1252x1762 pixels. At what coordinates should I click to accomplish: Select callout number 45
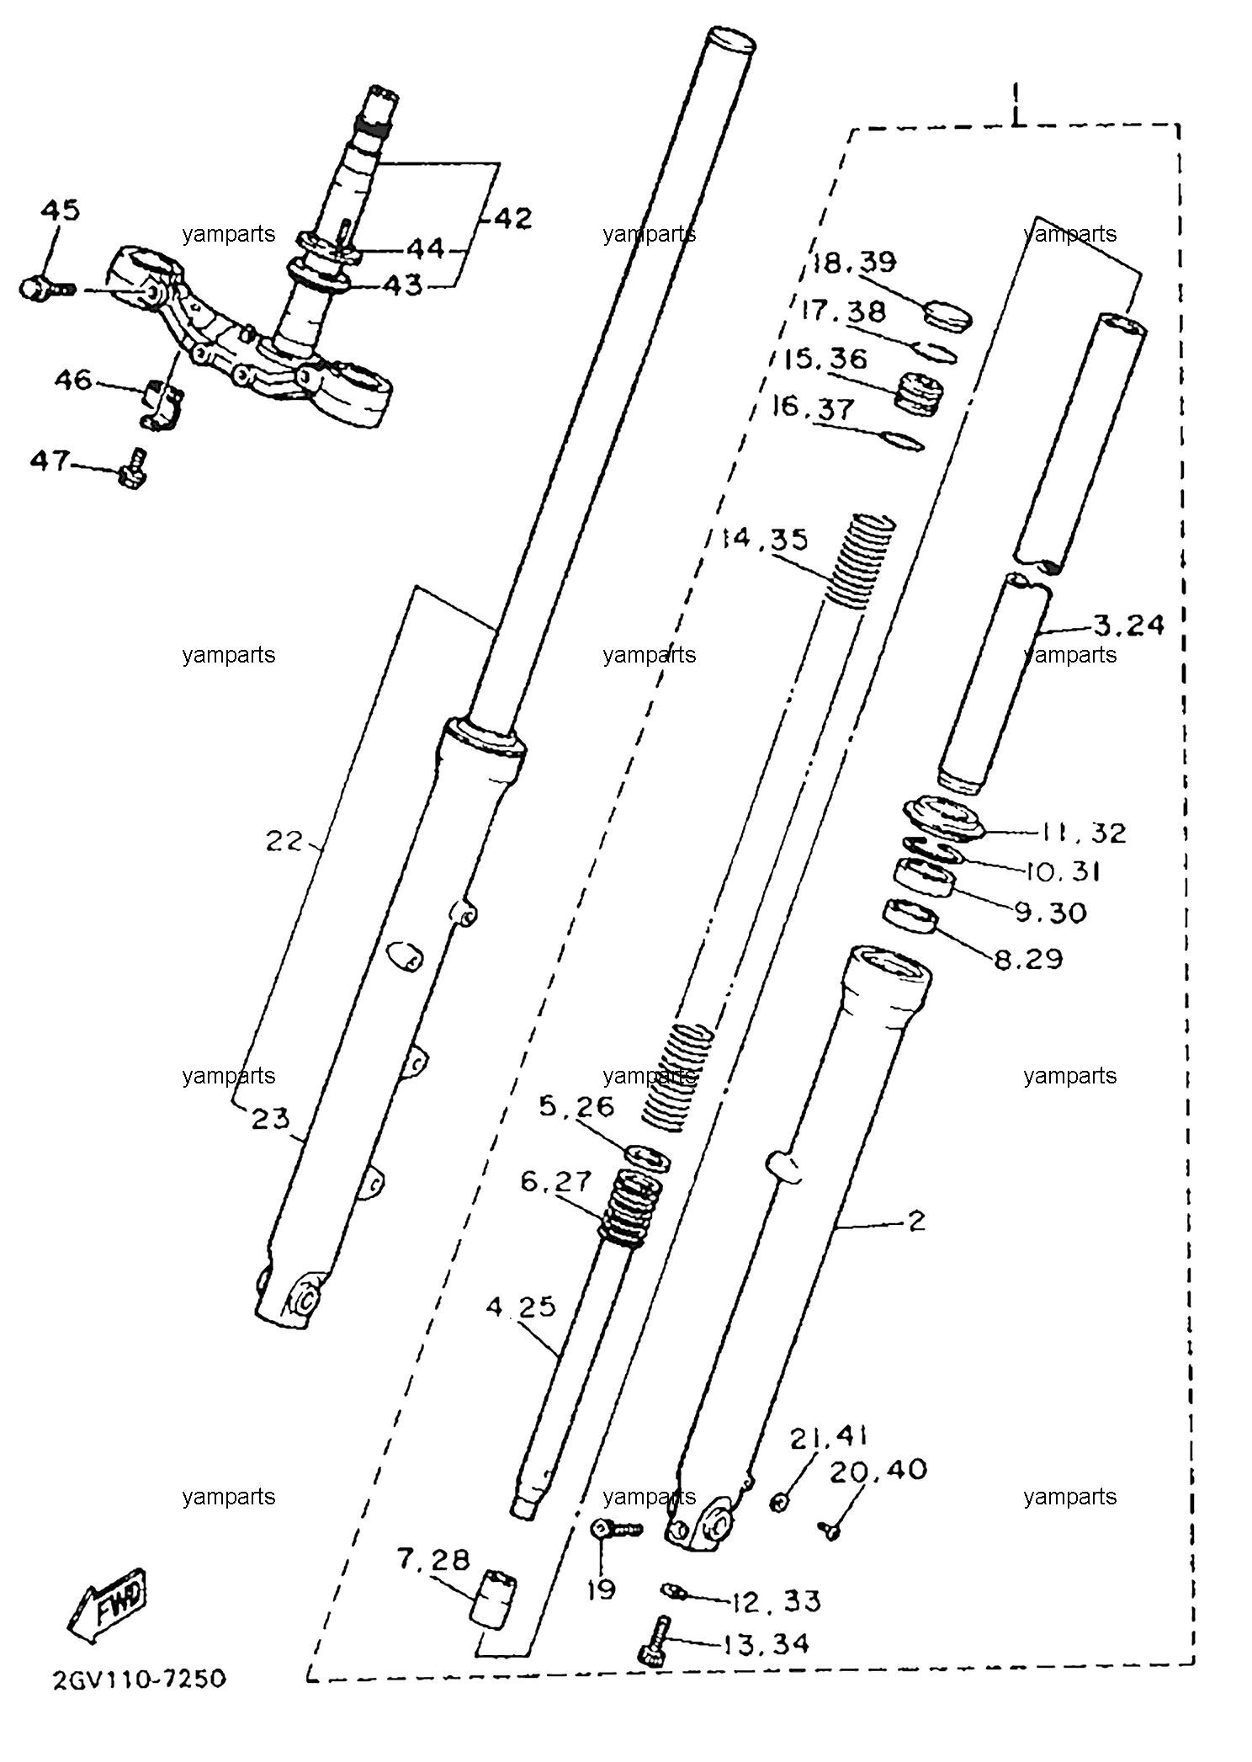click(x=61, y=210)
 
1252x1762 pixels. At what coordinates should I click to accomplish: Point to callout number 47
click(x=50, y=460)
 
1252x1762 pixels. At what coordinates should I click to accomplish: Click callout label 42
click(x=512, y=219)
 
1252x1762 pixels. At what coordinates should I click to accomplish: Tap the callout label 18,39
click(x=855, y=262)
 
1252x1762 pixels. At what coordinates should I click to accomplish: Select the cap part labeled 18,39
click(x=947, y=315)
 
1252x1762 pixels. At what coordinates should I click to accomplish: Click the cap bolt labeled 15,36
click(x=918, y=393)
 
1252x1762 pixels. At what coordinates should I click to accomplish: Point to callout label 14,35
click(x=765, y=539)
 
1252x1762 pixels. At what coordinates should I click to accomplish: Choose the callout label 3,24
click(x=1129, y=625)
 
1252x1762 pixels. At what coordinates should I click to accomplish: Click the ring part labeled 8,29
click(x=910, y=916)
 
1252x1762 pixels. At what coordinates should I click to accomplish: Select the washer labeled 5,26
click(x=648, y=1156)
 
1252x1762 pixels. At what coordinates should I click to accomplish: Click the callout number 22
click(x=284, y=840)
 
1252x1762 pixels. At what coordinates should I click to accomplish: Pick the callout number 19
click(x=602, y=1589)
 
